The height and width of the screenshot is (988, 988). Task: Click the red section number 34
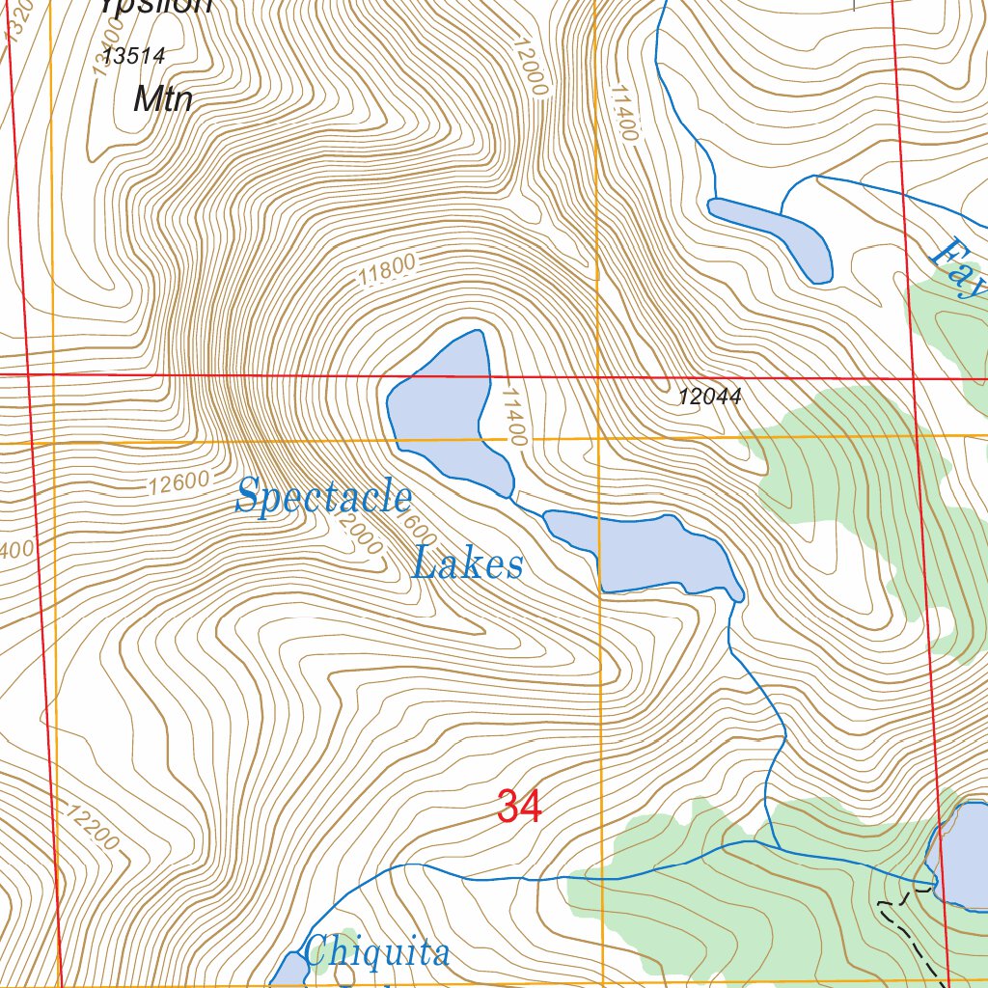point(519,807)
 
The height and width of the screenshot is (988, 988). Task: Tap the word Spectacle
point(324,498)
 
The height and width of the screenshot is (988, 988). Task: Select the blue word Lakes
point(468,563)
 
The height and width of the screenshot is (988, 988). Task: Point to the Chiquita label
point(376,952)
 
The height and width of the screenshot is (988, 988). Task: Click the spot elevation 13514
point(135,57)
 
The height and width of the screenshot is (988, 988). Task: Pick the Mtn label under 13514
point(163,98)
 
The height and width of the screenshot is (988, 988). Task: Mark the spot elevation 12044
point(709,396)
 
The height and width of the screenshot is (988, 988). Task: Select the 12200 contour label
point(94,828)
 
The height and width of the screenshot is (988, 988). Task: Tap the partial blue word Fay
point(960,270)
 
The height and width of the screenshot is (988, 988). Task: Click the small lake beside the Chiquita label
point(287,970)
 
